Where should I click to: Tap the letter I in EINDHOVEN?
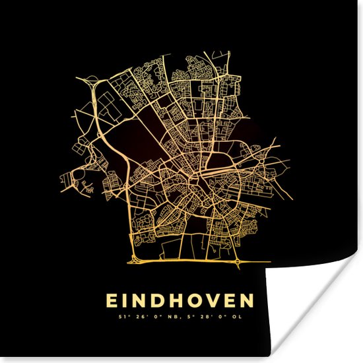[x=128, y=301]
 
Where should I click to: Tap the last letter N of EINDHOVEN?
[x=246, y=301]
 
